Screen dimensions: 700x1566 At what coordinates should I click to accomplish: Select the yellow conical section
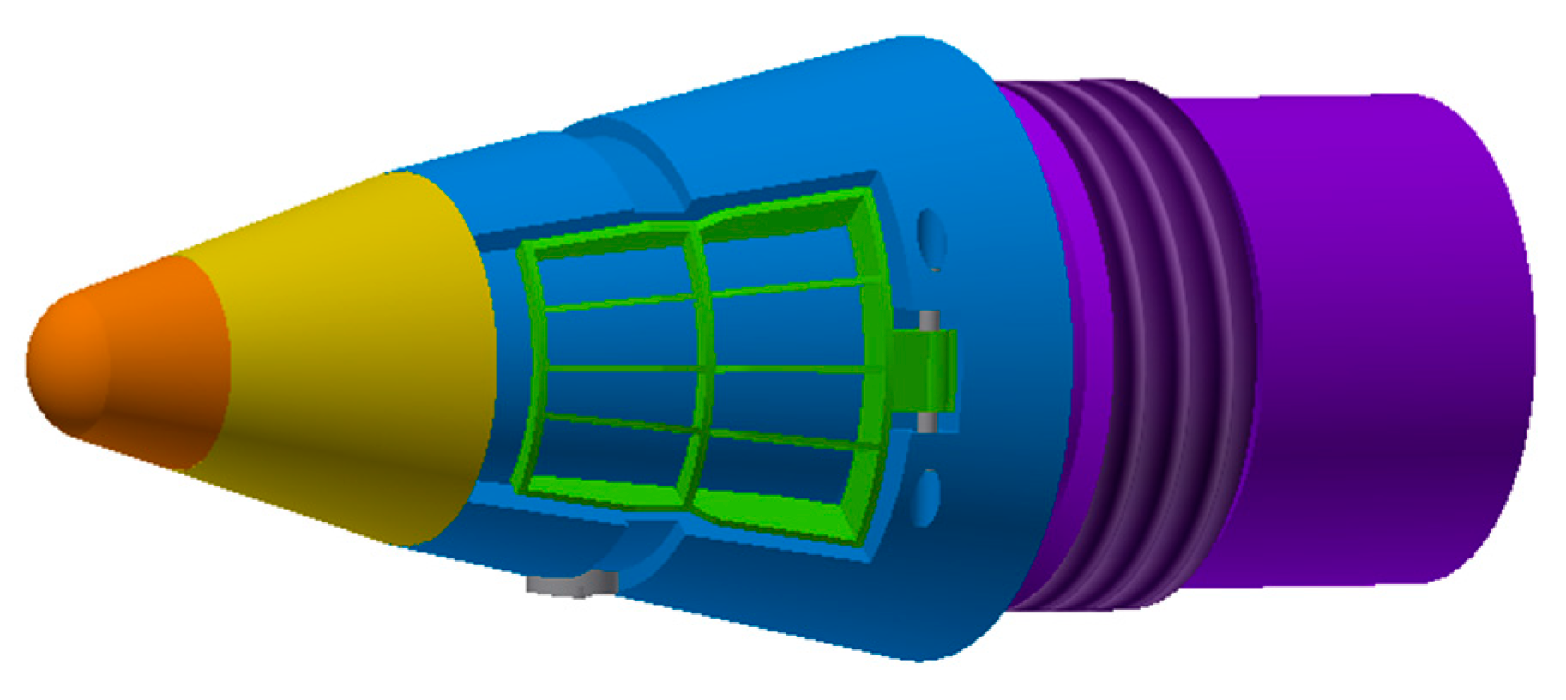(x=360, y=360)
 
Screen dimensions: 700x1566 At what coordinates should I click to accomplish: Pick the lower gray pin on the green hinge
(x=927, y=422)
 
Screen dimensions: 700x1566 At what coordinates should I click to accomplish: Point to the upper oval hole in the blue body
(x=931, y=233)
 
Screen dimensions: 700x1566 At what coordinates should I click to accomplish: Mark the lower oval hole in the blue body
(x=926, y=498)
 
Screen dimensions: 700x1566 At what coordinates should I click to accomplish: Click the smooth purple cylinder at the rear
(x=1372, y=343)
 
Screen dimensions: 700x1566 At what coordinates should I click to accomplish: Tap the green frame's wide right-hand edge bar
(x=875, y=369)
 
